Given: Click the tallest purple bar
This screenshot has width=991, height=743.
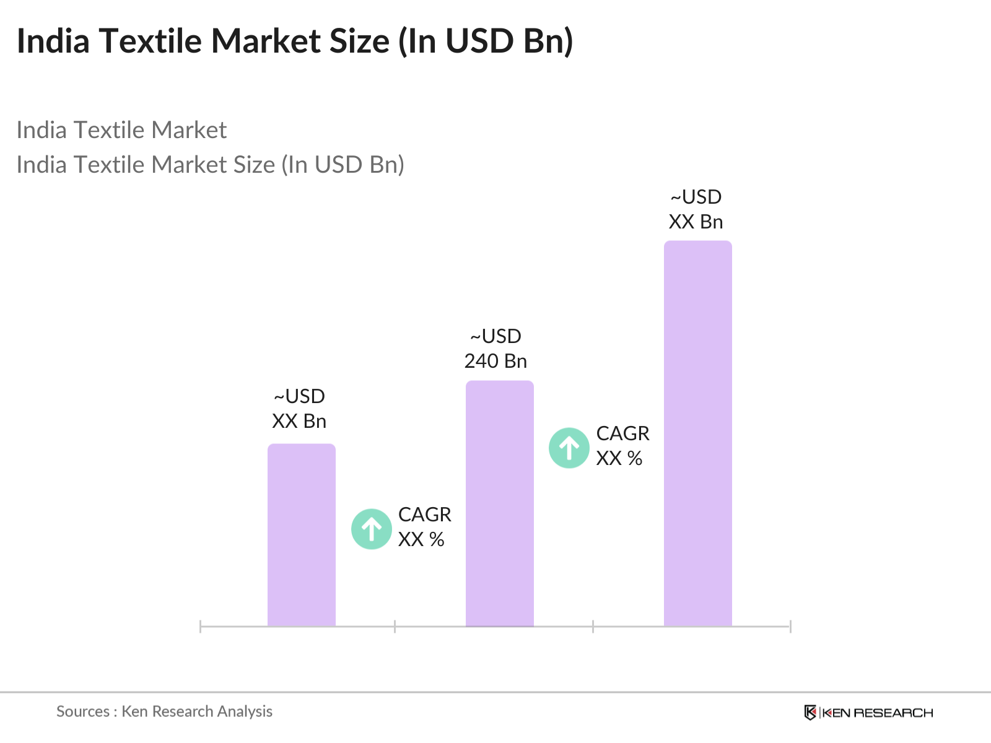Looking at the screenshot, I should (697, 433).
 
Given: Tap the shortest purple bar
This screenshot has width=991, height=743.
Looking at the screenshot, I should (301, 535).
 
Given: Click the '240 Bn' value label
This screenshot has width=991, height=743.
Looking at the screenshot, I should (495, 361).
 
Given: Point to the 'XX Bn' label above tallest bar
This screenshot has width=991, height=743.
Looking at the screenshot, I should (696, 222).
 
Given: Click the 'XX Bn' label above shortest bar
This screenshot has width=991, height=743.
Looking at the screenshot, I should (299, 421).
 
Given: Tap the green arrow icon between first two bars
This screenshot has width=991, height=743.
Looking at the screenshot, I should (371, 529).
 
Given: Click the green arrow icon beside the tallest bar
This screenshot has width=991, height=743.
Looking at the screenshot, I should (569, 448).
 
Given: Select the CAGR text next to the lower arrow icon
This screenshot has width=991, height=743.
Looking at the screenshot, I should (424, 515).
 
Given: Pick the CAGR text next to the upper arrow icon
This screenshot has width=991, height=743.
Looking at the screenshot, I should (622, 433).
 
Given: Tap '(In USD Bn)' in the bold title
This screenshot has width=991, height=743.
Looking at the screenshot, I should (486, 41).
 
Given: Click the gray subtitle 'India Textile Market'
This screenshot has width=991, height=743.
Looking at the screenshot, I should (121, 130).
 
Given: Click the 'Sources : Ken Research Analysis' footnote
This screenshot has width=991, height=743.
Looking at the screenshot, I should (164, 711).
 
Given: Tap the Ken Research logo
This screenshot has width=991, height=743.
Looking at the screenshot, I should (868, 713).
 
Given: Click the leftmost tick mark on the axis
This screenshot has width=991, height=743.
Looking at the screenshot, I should (200, 626).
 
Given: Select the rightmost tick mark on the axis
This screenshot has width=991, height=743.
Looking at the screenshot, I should (790, 626).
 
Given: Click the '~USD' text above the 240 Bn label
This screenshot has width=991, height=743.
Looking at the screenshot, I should (495, 336).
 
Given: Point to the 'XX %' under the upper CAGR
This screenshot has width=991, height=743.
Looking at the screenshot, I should (619, 458).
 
